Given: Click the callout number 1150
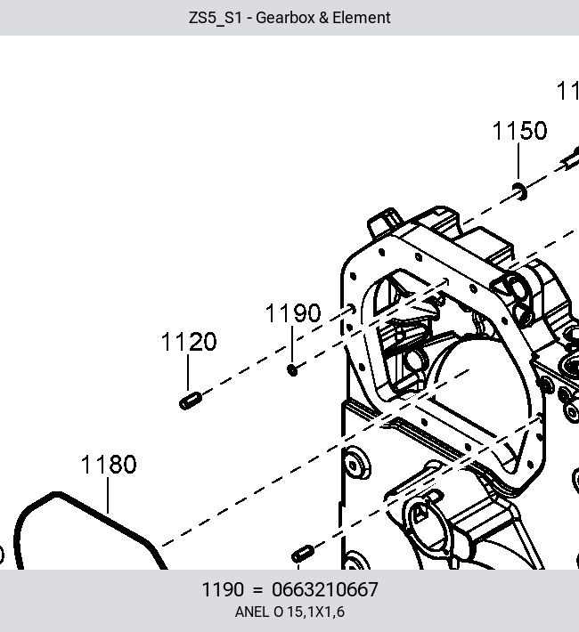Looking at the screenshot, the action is pyautogui.click(x=519, y=131).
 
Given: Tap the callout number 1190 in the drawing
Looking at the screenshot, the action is pyautogui.click(x=293, y=313).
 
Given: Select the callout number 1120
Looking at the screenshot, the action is pyautogui.click(x=189, y=342).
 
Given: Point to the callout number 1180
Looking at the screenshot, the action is pyautogui.click(x=109, y=465).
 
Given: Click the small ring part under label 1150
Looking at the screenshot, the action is pyautogui.click(x=519, y=191).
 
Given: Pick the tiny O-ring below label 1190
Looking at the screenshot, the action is pyautogui.click(x=292, y=369).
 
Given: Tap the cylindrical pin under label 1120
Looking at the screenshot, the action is pyautogui.click(x=191, y=401).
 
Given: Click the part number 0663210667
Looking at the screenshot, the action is pyautogui.click(x=325, y=589).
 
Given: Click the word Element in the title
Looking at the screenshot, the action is pyautogui.click(x=362, y=18).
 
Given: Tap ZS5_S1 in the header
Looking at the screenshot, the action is pyautogui.click(x=215, y=18).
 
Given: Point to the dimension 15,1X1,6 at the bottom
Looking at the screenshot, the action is pyautogui.click(x=316, y=612).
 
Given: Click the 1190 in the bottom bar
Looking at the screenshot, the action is pyautogui.click(x=223, y=589).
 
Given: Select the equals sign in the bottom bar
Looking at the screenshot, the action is pyautogui.click(x=257, y=590).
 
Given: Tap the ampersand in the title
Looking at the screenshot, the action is pyautogui.click(x=323, y=18).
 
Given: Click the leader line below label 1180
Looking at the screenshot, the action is pyautogui.click(x=108, y=495).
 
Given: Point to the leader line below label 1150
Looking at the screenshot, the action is pyautogui.click(x=518, y=161).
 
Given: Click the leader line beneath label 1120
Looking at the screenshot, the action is pyautogui.click(x=188, y=372).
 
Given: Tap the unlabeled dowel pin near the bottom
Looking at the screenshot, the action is pyautogui.click(x=303, y=554).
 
